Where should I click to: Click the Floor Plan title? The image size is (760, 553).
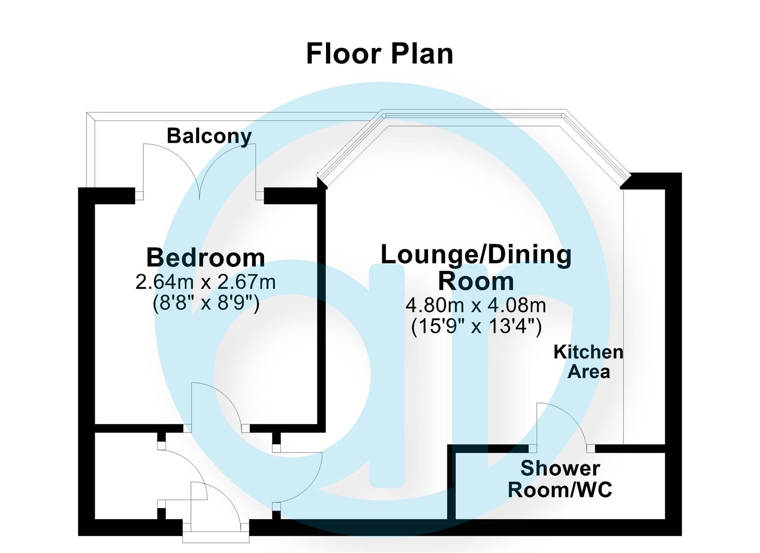[x=379, y=54]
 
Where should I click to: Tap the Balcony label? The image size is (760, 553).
[x=209, y=136]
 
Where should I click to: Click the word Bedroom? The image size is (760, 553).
[x=206, y=258]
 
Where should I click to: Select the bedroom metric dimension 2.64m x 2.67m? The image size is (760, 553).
[x=206, y=282]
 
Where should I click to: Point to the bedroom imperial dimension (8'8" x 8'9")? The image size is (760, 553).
[x=206, y=304]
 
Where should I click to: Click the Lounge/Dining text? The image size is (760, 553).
[x=476, y=255]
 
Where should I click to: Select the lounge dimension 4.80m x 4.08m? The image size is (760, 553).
[x=476, y=306]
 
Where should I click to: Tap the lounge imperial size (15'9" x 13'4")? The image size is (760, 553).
[x=476, y=326]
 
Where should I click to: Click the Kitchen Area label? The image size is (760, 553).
[x=589, y=361]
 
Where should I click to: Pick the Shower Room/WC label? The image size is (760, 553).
[x=560, y=479]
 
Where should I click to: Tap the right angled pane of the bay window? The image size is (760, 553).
[x=596, y=146]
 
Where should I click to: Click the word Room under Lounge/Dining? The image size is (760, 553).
[x=476, y=281]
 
